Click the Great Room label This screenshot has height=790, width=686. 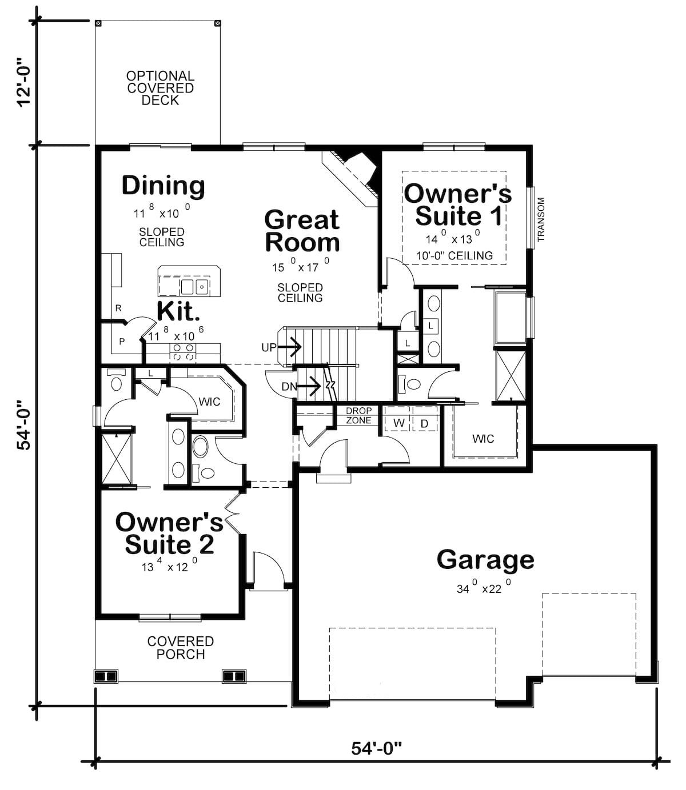(302, 231)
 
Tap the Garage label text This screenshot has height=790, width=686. (485, 560)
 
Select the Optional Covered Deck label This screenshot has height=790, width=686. (160, 88)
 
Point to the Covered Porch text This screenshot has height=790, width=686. (181, 648)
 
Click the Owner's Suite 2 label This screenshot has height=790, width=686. (169, 533)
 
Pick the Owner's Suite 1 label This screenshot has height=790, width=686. (458, 205)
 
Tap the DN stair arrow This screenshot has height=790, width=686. (309, 387)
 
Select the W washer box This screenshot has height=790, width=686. (398, 423)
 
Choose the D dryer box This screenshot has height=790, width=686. (424, 423)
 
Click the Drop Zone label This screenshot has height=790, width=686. (358, 415)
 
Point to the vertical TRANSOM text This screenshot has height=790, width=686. (541, 219)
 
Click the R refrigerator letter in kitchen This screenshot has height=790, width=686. (118, 308)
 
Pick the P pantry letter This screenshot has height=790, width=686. (122, 342)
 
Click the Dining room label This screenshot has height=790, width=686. (163, 186)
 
